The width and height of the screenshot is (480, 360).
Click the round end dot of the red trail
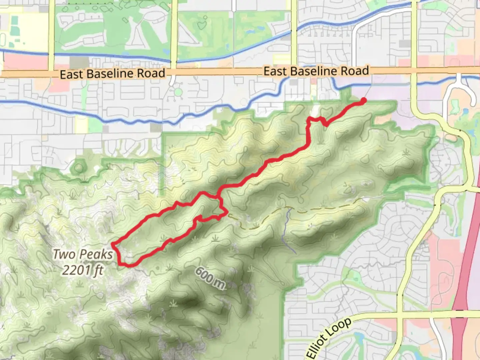point(363,100)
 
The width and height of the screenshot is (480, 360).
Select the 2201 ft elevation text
point(83,270)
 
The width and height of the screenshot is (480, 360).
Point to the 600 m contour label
point(210,278)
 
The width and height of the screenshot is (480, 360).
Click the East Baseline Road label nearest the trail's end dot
point(316,71)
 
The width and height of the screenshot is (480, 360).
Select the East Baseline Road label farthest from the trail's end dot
point(112,74)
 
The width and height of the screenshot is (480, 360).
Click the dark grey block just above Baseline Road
point(79,62)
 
